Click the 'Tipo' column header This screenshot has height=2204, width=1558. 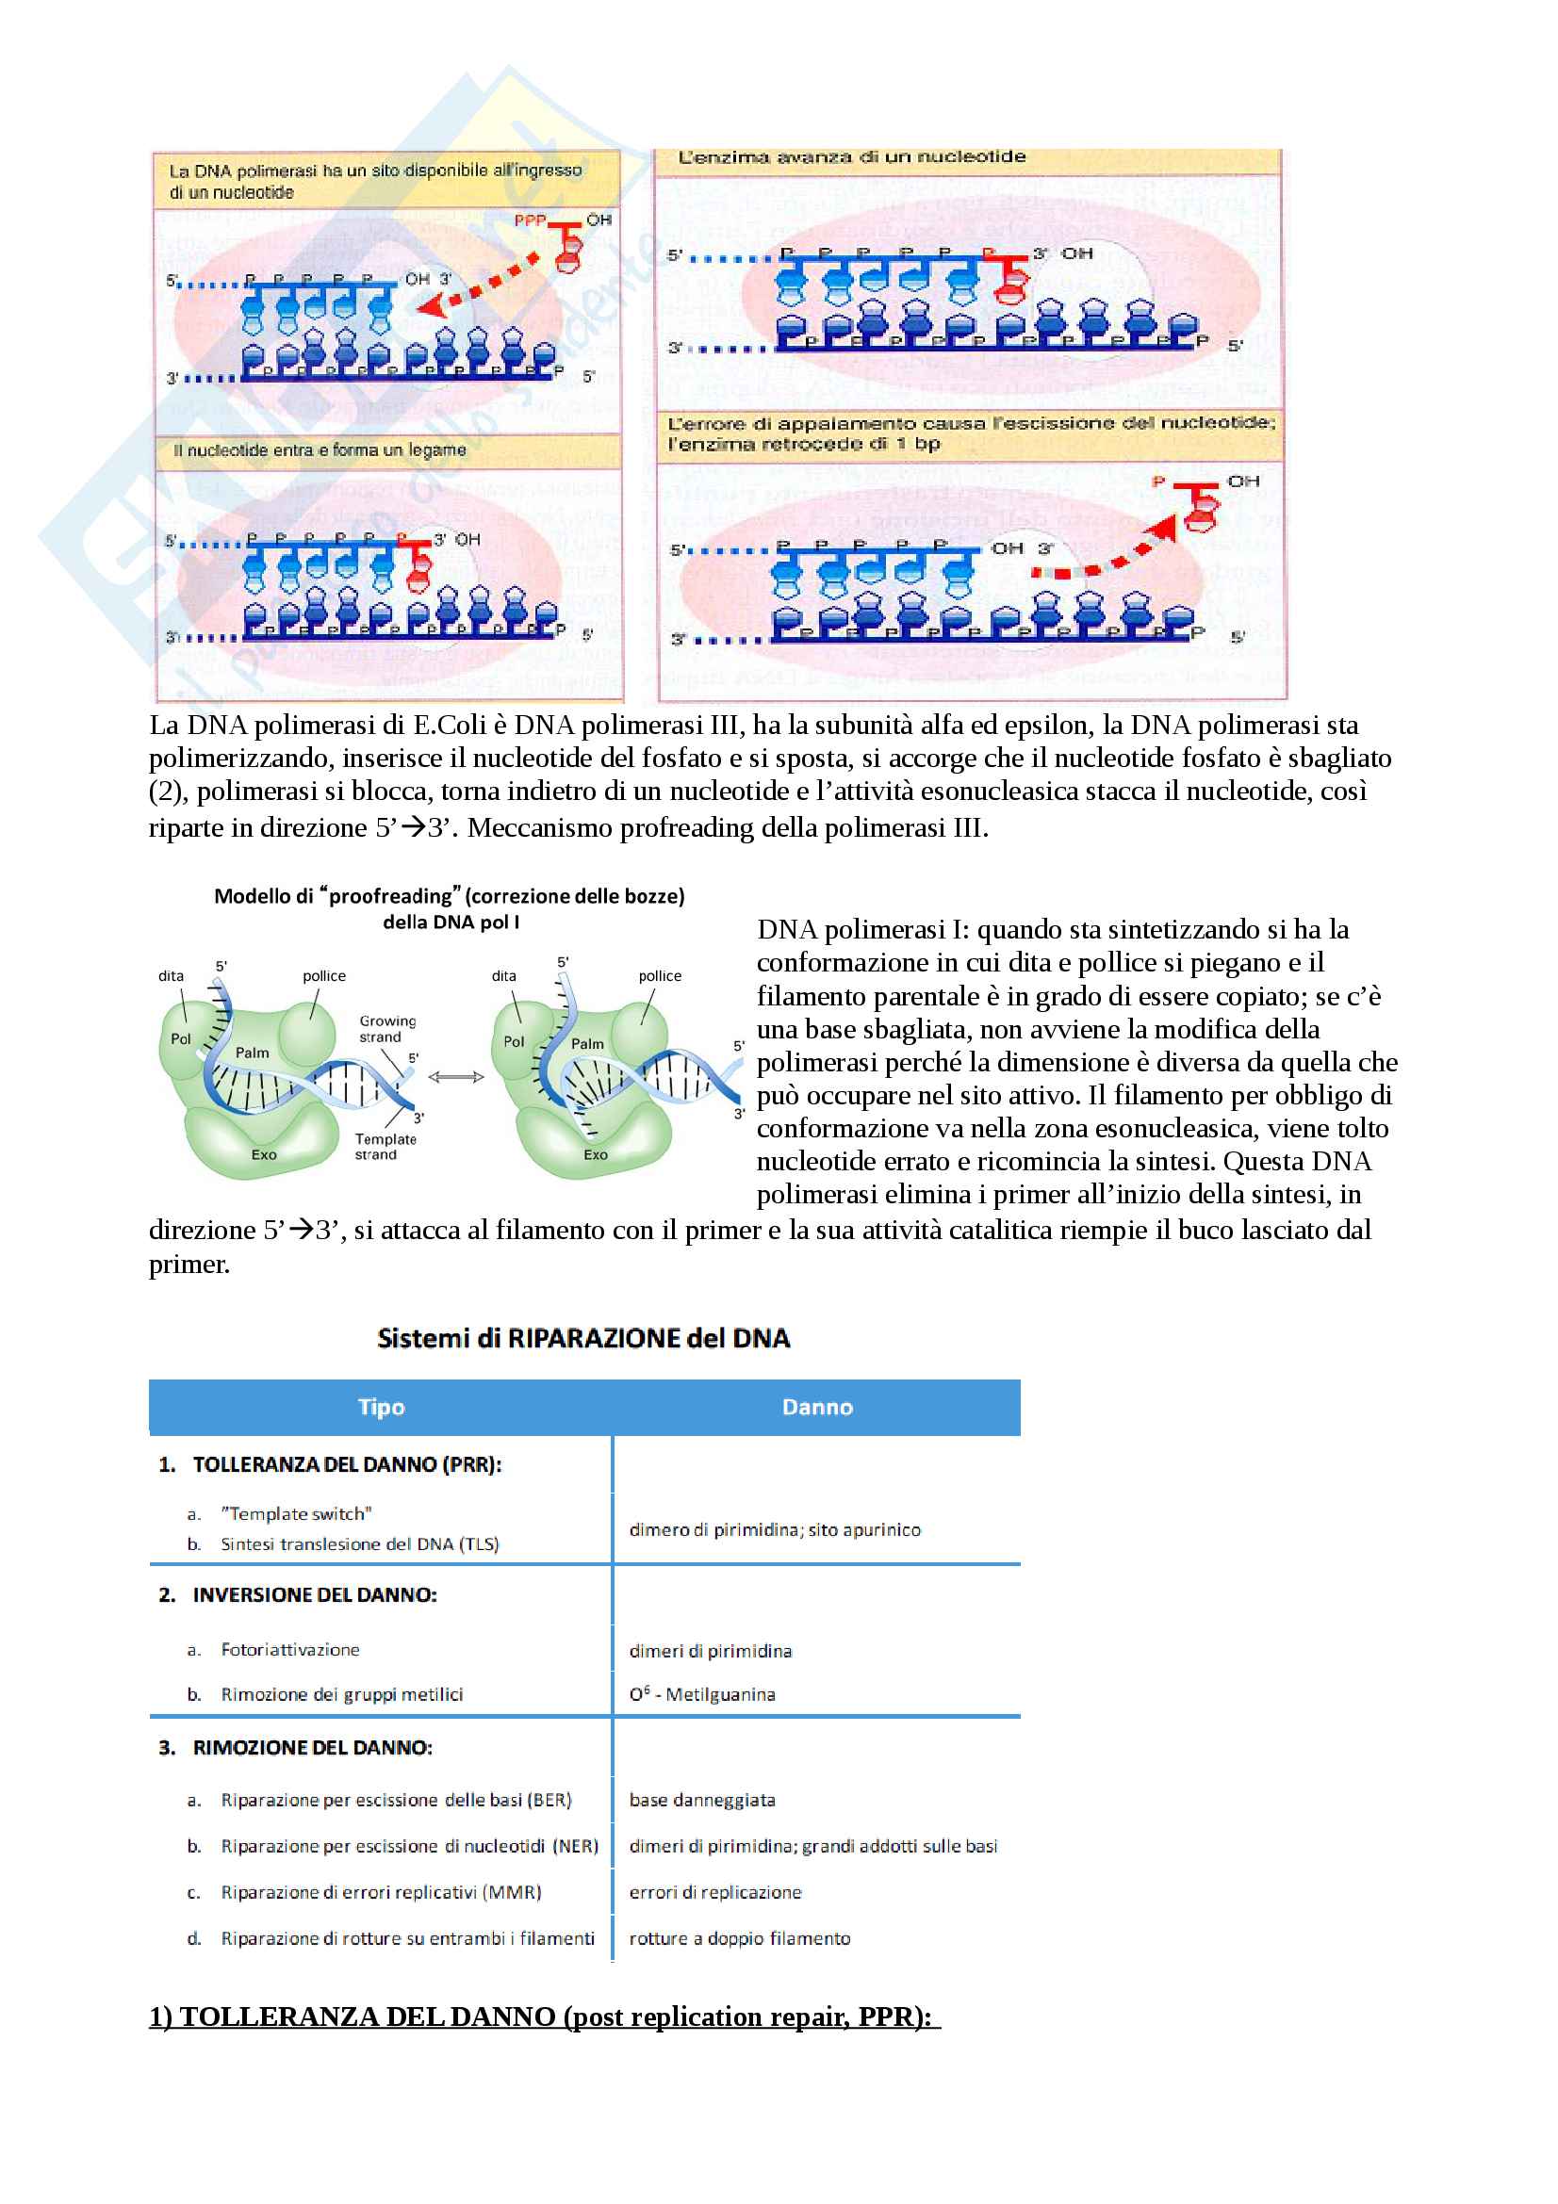click(x=381, y=1407)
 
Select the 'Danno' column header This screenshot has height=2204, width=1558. click(x=817, y=1407)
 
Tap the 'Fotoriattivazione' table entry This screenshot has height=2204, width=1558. click(x=290, y=1649)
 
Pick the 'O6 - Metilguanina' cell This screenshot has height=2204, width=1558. click(x=702, y=1694)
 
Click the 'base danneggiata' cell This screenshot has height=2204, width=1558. click(x=702, y=1800)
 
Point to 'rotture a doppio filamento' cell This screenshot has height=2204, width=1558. click(x=739, y=1938)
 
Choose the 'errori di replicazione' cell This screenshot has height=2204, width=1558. click(x=715, y=1892)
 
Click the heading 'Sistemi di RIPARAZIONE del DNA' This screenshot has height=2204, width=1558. click(x=582, y=1338)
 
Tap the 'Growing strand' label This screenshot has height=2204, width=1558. click(x=386, y=1029)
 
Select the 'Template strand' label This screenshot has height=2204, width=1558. click(x=385, y=1146)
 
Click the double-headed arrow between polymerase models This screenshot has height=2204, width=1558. click(x=456, y=1077)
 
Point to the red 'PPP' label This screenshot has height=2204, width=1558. click(x=530, y=220)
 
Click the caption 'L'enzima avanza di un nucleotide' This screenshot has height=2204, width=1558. click(x=851, y=157)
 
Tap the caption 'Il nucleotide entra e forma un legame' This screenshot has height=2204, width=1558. click(x=320, y=450)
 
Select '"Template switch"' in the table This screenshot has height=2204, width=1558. click(x=296, y=1514)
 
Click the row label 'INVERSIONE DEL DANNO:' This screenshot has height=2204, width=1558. click(x=314, y=1594)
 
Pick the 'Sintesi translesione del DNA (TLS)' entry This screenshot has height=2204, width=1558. click(x=359, y=1544)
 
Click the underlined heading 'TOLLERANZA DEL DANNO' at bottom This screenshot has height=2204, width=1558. click(x=544, y=2016)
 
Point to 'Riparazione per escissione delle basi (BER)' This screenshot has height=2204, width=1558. click(x=396, y=1800)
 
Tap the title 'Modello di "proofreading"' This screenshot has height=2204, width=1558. click(x=450, y=896)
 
